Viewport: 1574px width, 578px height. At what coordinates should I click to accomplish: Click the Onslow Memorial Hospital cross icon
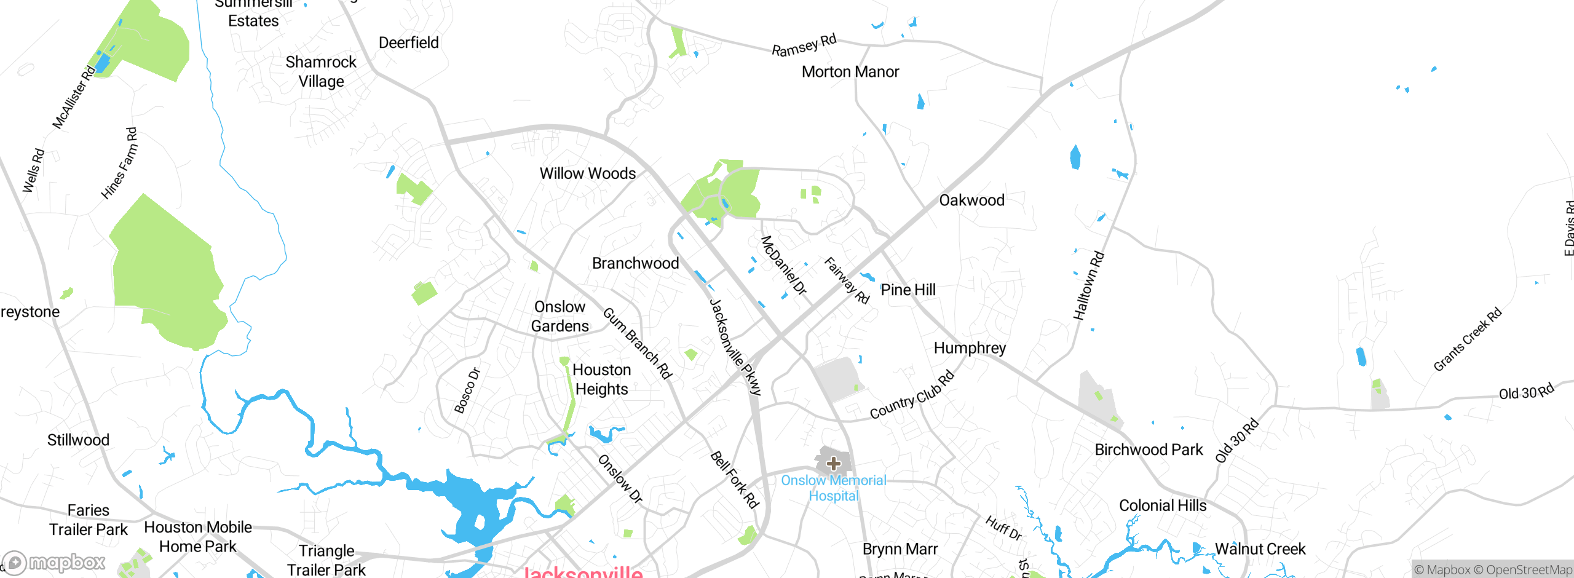point(833,463)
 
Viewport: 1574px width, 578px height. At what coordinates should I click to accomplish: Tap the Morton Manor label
point(850,72)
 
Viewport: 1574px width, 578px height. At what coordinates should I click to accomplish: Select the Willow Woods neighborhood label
point(587,173)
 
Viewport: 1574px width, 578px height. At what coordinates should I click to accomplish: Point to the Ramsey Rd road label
point(804,46)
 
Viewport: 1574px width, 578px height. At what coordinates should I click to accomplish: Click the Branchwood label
point(635,263)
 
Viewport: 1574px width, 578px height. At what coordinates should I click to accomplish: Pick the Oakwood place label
point(971,200)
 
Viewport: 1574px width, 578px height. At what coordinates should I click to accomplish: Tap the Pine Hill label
point(908,290)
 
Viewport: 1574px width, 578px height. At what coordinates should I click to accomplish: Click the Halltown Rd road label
point(1088,286)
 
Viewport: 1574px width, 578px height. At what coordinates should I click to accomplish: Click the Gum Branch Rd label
point(638,343)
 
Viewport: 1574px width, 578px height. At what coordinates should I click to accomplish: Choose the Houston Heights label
point(601,379)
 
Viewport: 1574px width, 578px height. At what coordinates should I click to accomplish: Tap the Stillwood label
point(78,440)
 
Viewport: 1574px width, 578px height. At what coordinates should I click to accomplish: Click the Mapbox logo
point(54,562)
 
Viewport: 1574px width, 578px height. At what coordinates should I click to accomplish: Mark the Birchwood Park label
point(1149,450)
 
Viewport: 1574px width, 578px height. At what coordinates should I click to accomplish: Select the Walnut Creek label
point(1260,549)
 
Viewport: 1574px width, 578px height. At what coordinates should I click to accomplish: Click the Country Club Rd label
point(912,396)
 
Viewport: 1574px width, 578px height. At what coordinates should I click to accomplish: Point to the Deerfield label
point(408,43)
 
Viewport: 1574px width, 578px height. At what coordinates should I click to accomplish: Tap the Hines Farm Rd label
point(119,164)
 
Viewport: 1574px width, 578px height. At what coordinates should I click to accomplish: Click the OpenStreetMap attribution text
point(1529,570)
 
